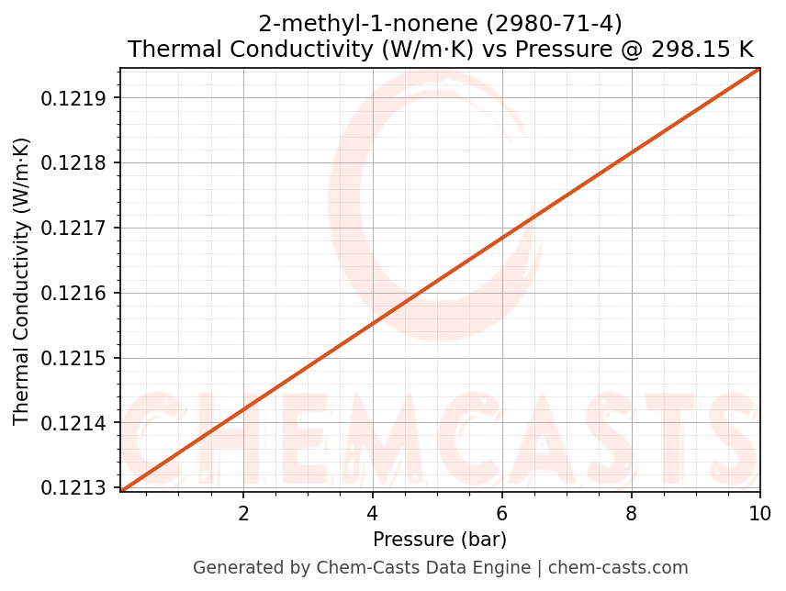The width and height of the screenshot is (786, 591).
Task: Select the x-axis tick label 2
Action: (243, 512)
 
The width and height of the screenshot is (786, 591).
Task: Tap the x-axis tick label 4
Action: (373, 512)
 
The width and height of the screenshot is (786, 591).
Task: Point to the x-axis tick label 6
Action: (501, 512)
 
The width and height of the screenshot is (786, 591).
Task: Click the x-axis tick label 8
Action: (631, 512)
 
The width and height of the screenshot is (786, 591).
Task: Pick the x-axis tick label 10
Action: (759, 512)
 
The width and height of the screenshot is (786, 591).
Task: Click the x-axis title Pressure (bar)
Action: (440, 539)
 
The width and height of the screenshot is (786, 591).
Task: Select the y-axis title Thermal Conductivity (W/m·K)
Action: (22, 281)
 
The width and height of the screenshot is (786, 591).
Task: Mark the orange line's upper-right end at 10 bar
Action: (759, 69)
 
